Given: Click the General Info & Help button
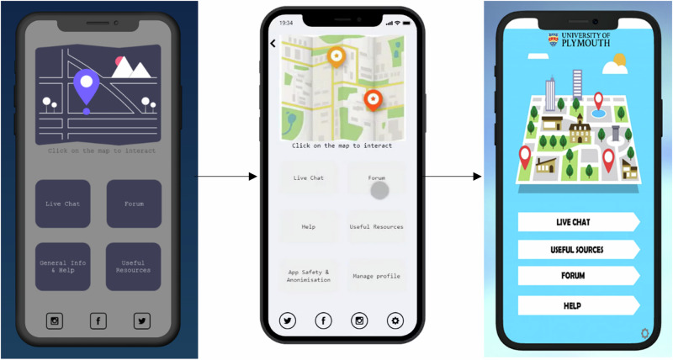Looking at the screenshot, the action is [62, 267].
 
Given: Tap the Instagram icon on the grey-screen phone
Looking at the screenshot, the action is [55, 321].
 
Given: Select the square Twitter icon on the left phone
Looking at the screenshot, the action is [142, 321].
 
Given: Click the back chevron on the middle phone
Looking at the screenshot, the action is [273, 44].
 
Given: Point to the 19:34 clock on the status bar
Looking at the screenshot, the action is [286, 23].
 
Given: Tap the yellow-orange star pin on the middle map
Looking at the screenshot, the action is [336, 56].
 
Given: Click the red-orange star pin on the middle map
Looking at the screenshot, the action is [374, 100].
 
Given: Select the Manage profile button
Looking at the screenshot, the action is [376, 276].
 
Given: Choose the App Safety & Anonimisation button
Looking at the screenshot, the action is [309, 276].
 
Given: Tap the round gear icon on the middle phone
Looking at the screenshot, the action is [395, 320].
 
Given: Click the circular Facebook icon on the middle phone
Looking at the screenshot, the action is [324, 320].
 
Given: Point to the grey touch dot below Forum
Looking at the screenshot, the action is [380, 190].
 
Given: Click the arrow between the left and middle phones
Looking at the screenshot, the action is [226, 177].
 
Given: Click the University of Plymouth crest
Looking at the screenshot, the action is [554, 40].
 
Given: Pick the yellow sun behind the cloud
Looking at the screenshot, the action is [620, 60].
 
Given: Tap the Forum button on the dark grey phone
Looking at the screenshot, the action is [134, 204].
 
